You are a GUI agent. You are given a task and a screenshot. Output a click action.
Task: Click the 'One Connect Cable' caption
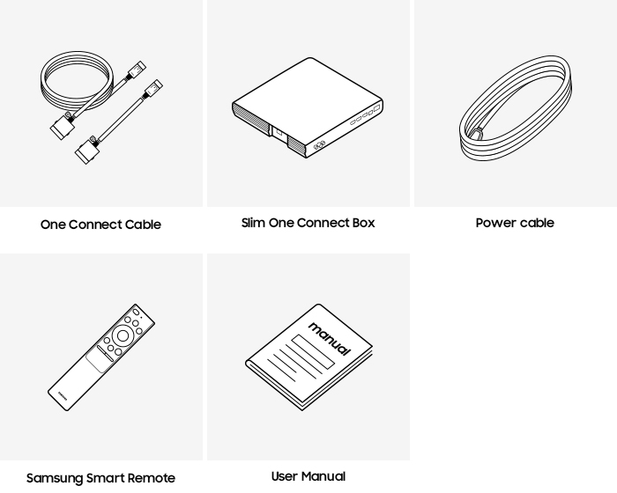point(100,224)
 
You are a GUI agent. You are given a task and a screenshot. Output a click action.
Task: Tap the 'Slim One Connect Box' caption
point(308,223)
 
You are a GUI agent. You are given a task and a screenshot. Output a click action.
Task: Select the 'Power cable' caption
point(515,223)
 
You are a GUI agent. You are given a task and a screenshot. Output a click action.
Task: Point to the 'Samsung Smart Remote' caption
point(100,478)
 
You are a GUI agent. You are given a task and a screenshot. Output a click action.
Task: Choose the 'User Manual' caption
point(308,476)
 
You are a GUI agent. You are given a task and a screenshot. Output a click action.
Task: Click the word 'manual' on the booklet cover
point(330,338)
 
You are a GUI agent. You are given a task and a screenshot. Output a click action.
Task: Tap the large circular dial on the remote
point(123,336)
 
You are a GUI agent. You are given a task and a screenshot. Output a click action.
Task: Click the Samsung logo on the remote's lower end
point(63,395)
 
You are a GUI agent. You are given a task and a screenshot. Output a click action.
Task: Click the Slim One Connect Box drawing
point(308,107)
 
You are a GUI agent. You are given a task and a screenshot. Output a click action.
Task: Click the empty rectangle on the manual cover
point(313,351)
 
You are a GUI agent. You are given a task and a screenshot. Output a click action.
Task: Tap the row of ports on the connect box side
point(365,114)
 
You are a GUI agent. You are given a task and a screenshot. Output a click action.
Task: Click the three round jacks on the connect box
point(319,145)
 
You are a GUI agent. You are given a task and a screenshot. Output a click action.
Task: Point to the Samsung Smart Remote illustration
point(101,357)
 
